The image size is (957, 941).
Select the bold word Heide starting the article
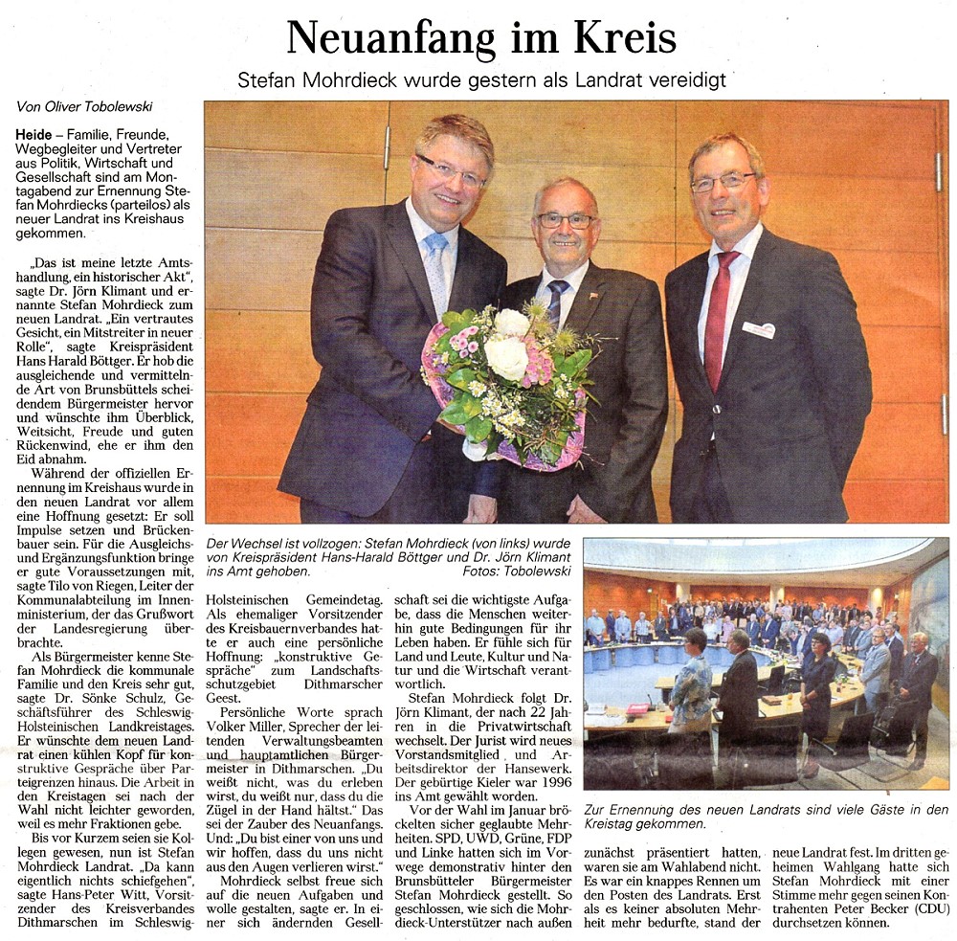pos(33,134)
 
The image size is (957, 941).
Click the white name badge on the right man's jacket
pos(758,329)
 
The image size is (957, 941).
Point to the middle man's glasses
pos(565,220)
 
